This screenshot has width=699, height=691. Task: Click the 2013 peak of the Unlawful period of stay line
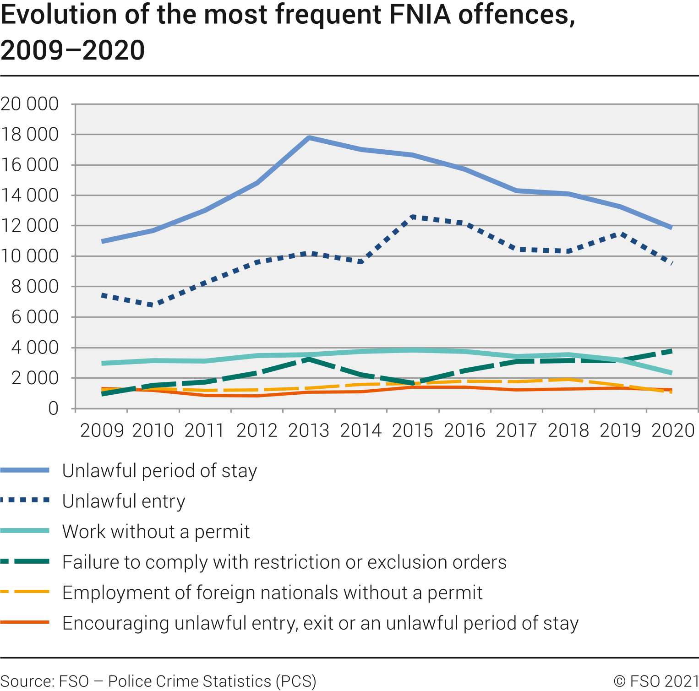point(309,137)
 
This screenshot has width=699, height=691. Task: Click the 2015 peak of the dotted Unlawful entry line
point(413,217)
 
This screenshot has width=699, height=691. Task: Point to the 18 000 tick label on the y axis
point(30,135)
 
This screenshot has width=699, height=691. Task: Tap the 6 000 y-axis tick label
point(35,317)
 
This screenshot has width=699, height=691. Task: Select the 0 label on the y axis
point(53,408)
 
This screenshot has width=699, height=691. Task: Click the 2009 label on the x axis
point(102,430)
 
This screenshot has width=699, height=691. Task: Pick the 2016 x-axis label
point(464,430)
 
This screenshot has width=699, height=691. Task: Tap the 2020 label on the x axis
point(673,430)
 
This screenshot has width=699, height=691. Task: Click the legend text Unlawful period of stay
point(159,471)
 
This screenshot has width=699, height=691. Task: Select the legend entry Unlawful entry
point(124,501)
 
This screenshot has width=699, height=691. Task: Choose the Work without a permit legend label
point(156,532)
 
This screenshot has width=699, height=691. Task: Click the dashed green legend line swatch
point(25,561)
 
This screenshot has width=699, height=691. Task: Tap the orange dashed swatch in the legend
point(25,592)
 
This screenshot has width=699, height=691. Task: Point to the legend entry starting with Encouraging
point(320,623)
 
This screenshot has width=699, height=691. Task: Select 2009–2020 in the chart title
point(72,50)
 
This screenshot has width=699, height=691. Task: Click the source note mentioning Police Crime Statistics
point(158,681)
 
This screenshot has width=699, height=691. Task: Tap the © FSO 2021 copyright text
point(656,681)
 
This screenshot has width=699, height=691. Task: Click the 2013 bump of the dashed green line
point(309,359)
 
